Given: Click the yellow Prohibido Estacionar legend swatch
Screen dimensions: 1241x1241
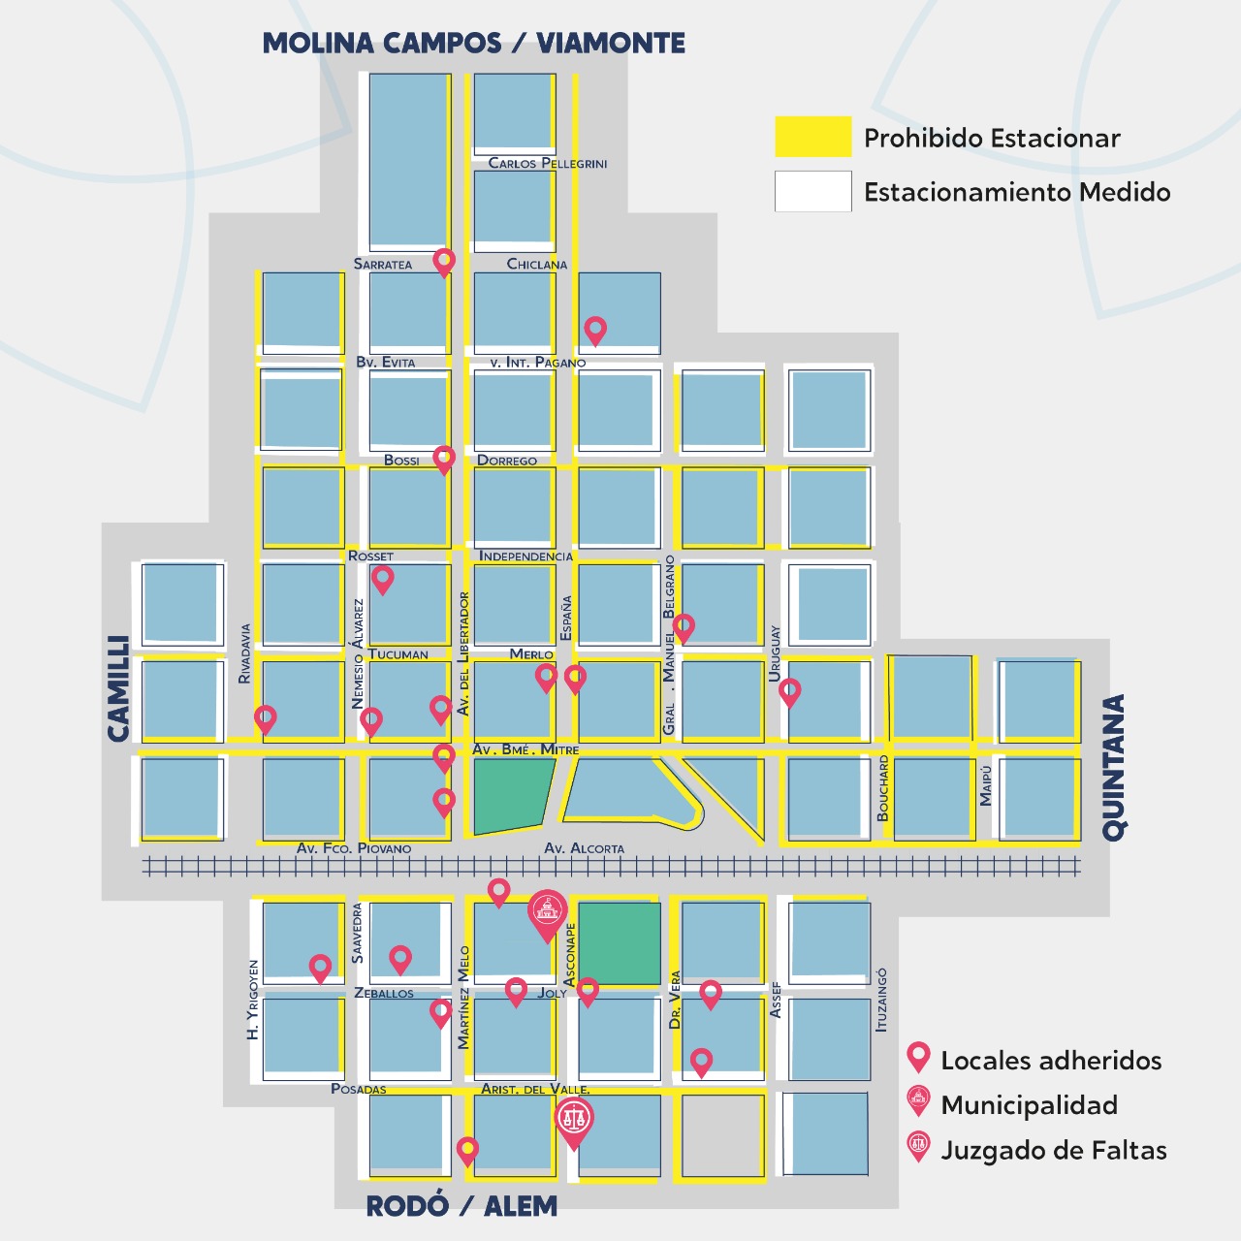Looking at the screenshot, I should point(812,137).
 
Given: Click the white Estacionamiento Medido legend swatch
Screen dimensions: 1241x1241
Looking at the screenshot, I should point(812,191).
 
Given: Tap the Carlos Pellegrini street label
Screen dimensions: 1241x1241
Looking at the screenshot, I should point(548,163).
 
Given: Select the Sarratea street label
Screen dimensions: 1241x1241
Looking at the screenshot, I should point(382,264).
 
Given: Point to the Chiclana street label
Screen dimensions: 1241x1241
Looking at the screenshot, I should point(536,264).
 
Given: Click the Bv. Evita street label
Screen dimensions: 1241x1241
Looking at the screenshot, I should point(385,362).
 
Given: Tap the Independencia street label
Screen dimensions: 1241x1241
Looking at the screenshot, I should point(525,556).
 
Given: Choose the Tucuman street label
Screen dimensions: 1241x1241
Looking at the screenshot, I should point(398,653).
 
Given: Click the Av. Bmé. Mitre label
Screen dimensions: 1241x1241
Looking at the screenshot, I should point(525,749).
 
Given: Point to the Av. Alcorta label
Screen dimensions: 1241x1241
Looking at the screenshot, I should point(584,848).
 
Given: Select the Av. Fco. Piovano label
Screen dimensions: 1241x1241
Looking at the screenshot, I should point(354,848).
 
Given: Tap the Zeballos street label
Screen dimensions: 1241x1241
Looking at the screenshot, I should point(384,993).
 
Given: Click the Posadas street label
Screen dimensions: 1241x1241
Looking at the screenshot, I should point(359,1089).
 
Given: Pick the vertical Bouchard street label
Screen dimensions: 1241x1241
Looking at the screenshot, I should point(883,789).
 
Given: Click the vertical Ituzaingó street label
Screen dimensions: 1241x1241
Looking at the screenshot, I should point(881,1000).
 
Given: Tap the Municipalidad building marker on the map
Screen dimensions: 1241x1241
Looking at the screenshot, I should point(548,911).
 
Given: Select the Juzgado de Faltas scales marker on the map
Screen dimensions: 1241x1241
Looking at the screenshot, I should point(574,1119).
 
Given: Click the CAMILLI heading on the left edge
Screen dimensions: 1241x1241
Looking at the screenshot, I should point(118,688).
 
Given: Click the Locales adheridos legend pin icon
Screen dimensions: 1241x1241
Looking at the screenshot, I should point(918,1058).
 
